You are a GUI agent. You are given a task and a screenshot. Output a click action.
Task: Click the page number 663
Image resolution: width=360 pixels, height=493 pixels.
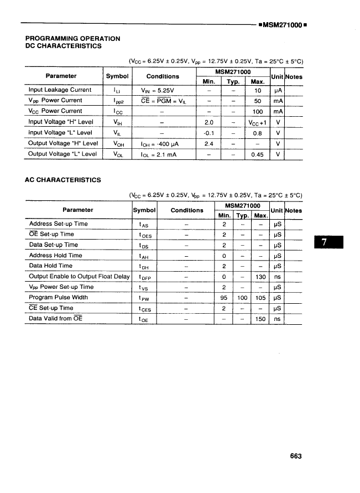click(295, 456)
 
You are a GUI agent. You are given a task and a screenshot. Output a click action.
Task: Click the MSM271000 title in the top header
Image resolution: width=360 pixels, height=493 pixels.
click(283, 25)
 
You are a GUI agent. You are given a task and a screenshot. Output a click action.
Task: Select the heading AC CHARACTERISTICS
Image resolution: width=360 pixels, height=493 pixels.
click(63, 180)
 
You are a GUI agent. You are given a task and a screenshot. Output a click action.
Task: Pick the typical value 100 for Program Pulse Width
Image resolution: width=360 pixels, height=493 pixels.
click(242, 298)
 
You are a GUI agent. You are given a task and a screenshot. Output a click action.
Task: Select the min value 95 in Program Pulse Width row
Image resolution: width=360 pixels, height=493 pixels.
click(224, 298)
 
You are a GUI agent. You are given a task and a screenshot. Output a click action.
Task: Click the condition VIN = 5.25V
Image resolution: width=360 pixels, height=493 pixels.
click(158, 90)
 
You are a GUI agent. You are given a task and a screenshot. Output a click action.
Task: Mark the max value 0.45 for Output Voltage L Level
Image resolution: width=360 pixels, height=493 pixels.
click(257, 154)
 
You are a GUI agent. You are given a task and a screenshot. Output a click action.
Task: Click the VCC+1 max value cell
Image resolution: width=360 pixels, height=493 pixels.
click(257, 122)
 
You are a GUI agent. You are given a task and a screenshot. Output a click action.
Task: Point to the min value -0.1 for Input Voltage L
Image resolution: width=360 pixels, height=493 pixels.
click(208, 133)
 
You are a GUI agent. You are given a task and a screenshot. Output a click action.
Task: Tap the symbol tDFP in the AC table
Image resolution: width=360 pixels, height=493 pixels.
click(145, 277)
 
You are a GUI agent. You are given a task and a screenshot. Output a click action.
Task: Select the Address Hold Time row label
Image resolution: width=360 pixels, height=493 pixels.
click(55, 255)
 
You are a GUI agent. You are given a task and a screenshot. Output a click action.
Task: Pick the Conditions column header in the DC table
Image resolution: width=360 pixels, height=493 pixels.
click(163, 76)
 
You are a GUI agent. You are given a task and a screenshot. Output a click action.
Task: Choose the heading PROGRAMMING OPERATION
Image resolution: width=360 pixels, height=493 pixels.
click(73, 38)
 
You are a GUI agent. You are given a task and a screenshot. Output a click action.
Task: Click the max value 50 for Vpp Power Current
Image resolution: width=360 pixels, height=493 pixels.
click(257, 101)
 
